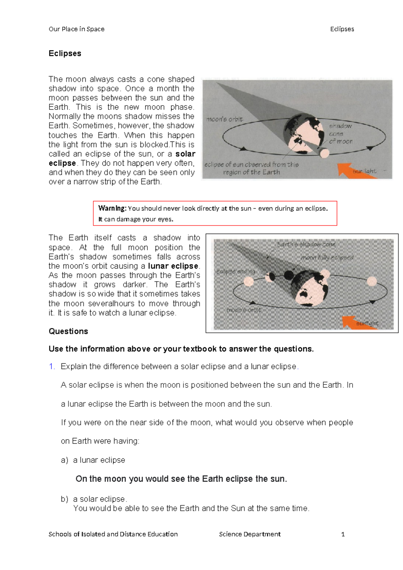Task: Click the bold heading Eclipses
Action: [x=65, y=53]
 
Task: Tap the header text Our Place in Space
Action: [x=77, y=29]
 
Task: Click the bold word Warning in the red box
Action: [x=112, y=208]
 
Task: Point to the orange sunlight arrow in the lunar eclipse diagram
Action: [x=359, y=322]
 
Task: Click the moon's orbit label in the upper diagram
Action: [x=225, y=119]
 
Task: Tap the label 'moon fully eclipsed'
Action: [x=327, y=258]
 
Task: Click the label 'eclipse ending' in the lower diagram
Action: [x=236, y=272]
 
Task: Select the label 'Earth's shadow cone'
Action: [x=306, y=245]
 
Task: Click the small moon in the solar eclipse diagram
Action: [x=324, y=153]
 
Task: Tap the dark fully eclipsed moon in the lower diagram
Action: [x=289, y=275]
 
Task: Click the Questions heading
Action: [x=68, y=331]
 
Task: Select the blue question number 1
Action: [x=52, y=366]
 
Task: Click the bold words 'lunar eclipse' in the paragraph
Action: [x=173, y=266]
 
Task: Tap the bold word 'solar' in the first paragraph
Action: [x=185, y=154]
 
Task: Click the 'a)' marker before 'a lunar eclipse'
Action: [x=64, y=460]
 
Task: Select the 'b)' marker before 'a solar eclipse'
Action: [x=64, y=499]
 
